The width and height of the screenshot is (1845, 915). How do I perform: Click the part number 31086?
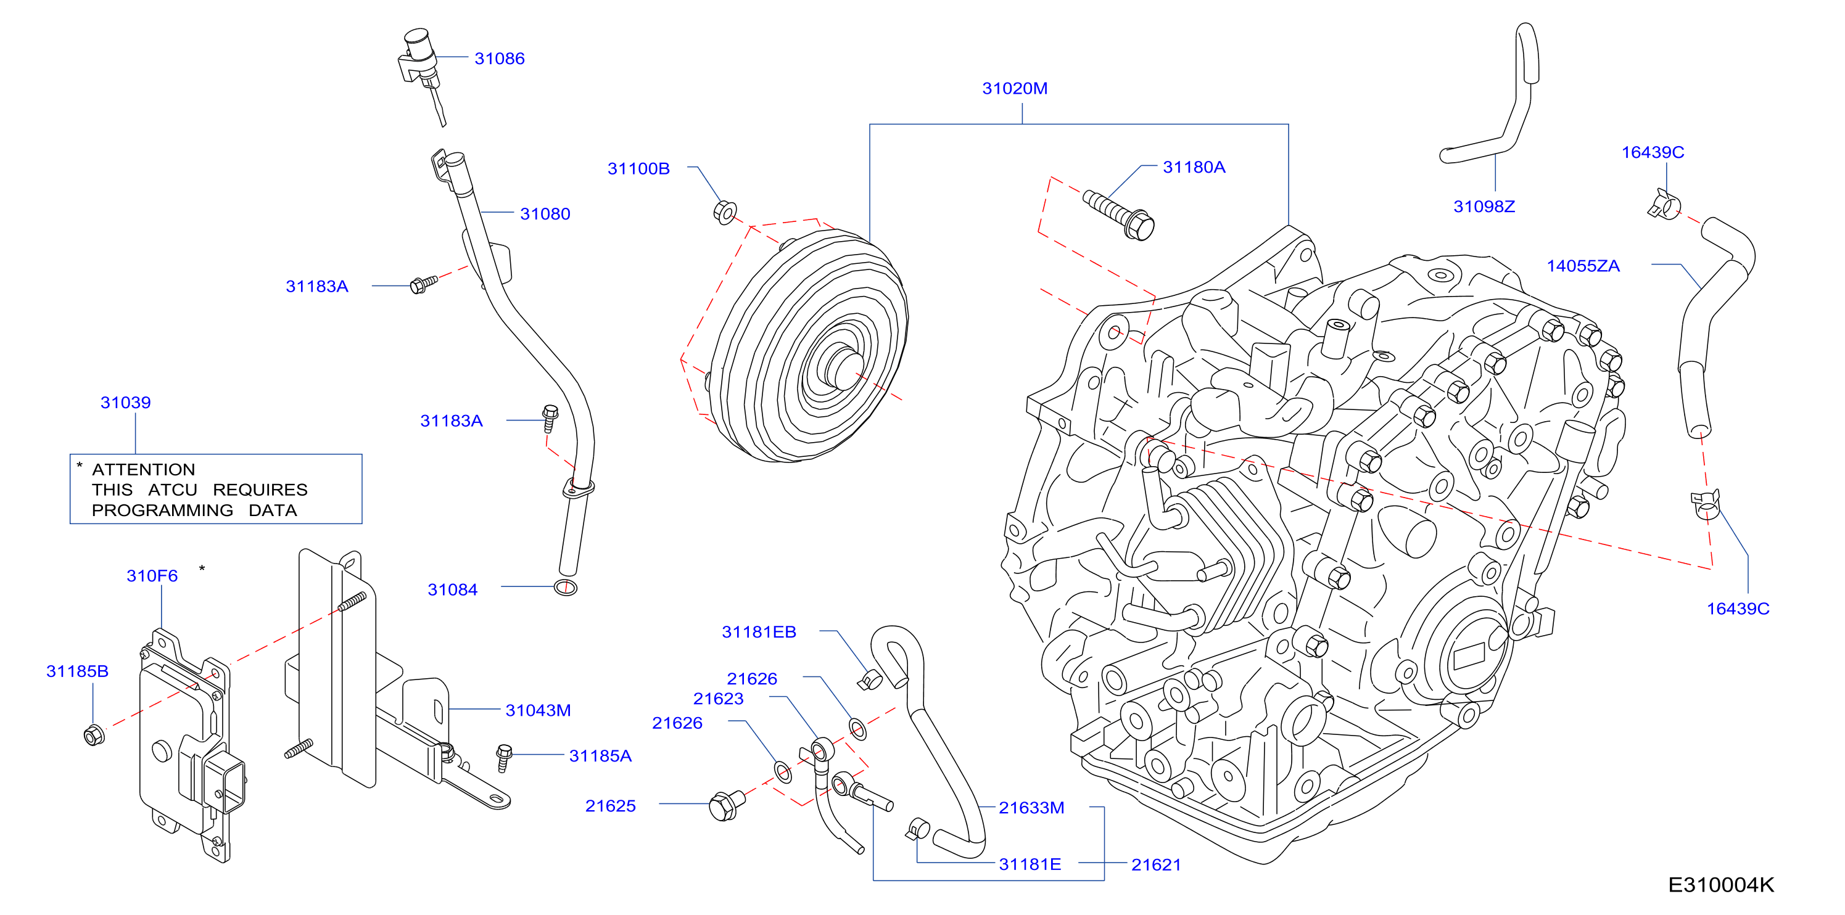pyautogui.click(x=499, y=59)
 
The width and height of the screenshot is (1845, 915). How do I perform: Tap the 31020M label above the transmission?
pyautogui.click(x=1014, y=89)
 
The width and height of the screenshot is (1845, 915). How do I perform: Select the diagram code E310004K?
pyautogui.click(x=1720, y=885)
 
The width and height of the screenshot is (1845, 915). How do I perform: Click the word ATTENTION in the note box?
pyautogui.click(x=143, y=470)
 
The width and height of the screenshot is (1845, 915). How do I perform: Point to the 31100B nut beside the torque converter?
pyautogui.click(x=725, y=212)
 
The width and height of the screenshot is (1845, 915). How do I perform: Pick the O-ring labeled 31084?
pyautogui.click(x=565, y=588)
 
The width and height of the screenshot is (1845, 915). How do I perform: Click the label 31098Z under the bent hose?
pyautogui.click(x=1484, y=207)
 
